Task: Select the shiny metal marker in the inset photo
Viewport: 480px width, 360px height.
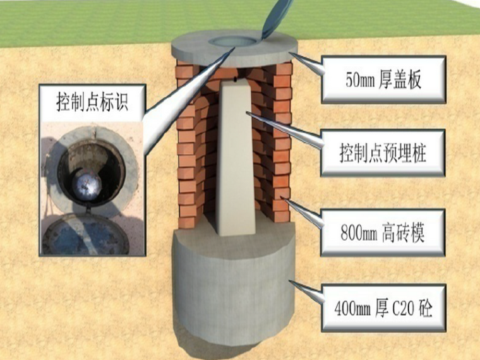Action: [87, 183]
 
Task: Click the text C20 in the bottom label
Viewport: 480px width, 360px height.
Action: [402, 309]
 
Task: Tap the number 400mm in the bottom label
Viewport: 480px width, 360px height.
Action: [351, 309]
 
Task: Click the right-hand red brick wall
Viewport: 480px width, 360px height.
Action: [278, 145]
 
